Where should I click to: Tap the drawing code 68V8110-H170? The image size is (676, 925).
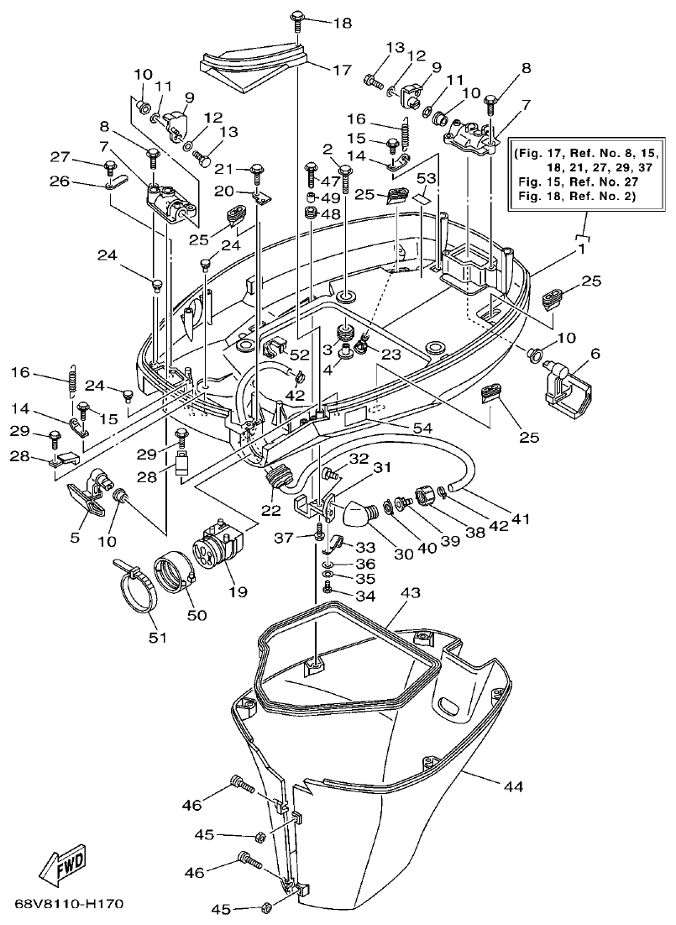click(x=70, y=905)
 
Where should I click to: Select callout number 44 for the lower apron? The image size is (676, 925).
click(x=513, y=786)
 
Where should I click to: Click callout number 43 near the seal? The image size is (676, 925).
click(x=410, y=593)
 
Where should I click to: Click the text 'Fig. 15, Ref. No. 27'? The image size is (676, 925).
click(x=578, y=181)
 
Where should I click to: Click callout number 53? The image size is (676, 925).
click(x=427, y=179)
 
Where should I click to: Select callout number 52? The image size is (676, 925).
click(x=301, y=355)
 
